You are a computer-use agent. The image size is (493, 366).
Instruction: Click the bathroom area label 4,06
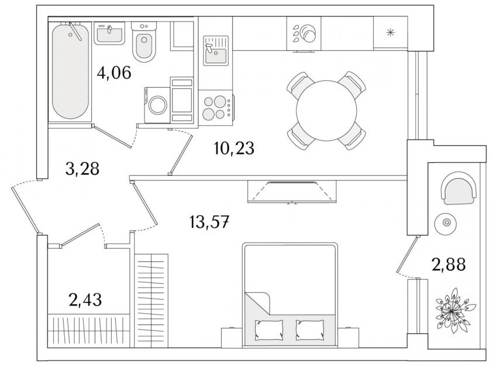[114, 73]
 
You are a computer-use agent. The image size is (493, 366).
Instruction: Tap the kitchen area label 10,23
[234, 148]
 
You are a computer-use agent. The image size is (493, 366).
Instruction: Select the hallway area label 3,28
[82, 169]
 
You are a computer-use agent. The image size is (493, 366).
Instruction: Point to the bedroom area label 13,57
[209, 222]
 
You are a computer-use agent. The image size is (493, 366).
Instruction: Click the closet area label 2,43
[85, 300]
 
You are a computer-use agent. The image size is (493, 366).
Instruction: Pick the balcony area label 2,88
[449, 265]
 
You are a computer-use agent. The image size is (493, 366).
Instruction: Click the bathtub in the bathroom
[70, 71]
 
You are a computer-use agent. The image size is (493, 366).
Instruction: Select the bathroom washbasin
[109, 33]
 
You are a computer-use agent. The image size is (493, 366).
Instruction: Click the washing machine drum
[158, 105]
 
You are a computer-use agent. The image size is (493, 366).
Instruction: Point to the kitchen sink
[216, 51]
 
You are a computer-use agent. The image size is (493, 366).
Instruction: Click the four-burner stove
[216, 108]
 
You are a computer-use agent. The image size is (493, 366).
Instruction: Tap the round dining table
[326, 111]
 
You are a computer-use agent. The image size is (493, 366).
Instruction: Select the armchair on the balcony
[458, 188]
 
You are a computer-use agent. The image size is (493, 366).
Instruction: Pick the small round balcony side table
[446, 223]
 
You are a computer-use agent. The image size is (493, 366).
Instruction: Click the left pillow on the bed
[268, 330]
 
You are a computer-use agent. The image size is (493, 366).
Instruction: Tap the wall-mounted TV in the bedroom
[292, 191]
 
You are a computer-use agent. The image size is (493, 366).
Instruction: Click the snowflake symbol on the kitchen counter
[390, 32]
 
